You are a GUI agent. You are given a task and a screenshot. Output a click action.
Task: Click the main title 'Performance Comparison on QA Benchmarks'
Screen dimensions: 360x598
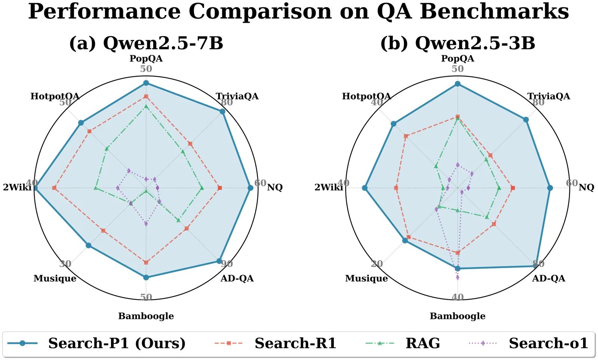[x=298, y=11]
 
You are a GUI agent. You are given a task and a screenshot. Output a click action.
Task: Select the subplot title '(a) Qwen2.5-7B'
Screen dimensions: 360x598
[x=146, y=43]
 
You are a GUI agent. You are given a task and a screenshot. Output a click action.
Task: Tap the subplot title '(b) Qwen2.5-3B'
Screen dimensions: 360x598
[x=457, y=43]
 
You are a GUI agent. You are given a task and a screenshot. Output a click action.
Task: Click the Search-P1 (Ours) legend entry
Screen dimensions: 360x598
[x=117, y=343]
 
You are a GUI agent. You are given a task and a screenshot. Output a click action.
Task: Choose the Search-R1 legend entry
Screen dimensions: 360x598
[x=295, y=343]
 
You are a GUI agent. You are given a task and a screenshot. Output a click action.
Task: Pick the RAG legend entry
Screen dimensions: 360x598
[x=423, y=343]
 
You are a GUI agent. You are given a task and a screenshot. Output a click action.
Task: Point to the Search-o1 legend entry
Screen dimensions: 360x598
[x=548, y=343]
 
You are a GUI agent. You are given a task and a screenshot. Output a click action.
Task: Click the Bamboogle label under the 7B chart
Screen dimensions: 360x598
[x=146, y=316]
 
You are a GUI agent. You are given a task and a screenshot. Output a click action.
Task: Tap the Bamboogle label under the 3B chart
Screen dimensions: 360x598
[x=457, y=316]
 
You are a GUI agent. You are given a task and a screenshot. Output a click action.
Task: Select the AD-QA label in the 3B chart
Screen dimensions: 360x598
[x=549, y=279]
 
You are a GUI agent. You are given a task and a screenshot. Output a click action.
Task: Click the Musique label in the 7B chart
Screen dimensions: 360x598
[x=55, y=279]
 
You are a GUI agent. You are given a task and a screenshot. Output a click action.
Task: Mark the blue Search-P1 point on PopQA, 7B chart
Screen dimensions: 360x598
[x=146, y=83]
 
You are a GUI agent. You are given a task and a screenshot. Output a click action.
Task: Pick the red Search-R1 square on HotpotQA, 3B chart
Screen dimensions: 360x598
[x=406, y=136]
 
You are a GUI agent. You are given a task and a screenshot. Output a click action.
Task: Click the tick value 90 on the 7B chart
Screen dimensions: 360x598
[x=227, y=264]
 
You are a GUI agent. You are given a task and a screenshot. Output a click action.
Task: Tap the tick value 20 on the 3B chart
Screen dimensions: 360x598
[x=377, y=264]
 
